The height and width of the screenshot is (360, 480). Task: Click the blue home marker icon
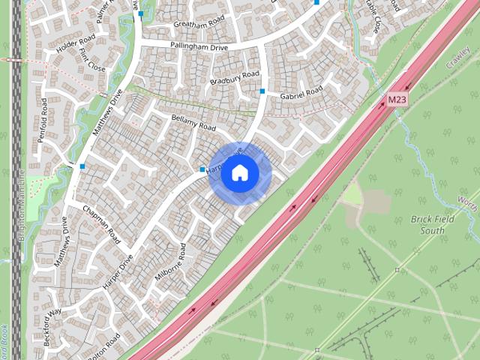239,173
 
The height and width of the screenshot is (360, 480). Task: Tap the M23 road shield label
397,100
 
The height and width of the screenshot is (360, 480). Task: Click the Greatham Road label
199,23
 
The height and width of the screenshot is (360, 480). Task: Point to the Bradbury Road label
234,77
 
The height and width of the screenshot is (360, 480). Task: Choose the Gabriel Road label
301,93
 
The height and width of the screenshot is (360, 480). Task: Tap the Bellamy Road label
193,123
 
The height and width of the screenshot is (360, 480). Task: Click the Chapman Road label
101,224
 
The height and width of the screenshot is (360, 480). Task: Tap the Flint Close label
92,62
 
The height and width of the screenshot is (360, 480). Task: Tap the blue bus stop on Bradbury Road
262,91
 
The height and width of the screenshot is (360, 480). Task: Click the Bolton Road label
103,348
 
